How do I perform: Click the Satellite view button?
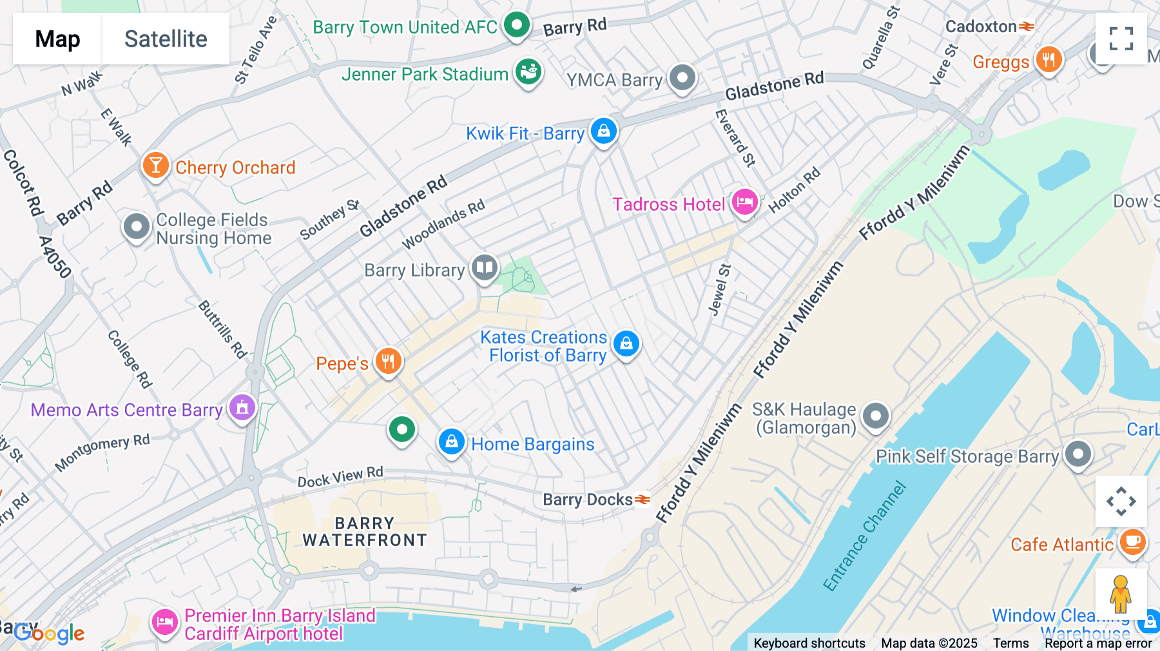[x=166, y=39]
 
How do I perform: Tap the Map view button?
[x=57, y=39]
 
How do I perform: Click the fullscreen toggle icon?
[x=1121, y=39]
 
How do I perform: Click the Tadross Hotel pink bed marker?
[x=744, y=202]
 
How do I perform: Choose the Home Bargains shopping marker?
[x=452, y=442]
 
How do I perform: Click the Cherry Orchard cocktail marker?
[x=155, y=165]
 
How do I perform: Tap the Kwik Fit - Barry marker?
[x=603, y=131]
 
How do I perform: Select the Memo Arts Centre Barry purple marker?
[x=242, y=407]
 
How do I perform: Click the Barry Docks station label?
[x=588, y=500]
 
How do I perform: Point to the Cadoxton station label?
[x=981, y=26]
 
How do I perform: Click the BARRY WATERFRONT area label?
[x=365, y=532]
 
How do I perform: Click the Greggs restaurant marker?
[x=1049, y=60]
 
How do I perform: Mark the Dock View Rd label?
[x=340, y=477]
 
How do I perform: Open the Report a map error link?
[x=1098, y=643]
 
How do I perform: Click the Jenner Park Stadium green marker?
[x=528, y=72]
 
